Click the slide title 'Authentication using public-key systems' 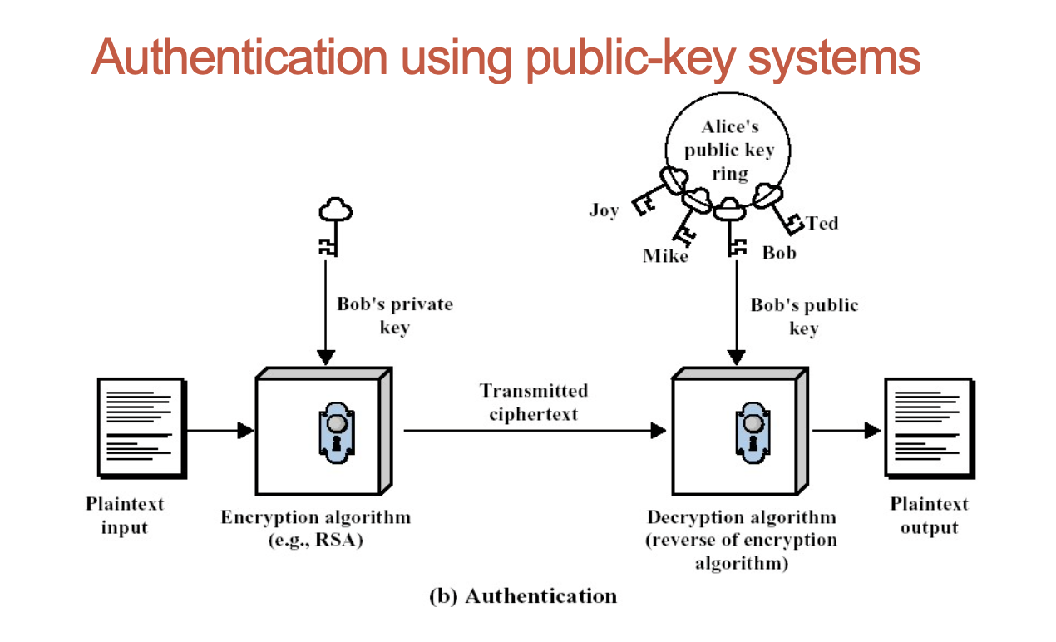tap(506, 57)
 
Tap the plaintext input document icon tap(141, 427)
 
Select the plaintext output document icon tap(928, 427)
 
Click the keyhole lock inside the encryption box tap(335, 429)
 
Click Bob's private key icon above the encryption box tap(335, 225)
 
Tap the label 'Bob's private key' tap(395, 315)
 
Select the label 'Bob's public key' tap(804, 316)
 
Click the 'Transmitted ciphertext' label tap(533, 402)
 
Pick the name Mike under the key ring tap(665, 256)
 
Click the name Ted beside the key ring tap(822, 223)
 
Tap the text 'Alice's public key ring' tap(728, 151)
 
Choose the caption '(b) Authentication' tap(523, 596)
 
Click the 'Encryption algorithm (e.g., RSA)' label tap(315, 528)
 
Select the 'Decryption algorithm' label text tap(742, 518)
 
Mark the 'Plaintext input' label tap(125, 516)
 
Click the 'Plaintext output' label tap(929, 516)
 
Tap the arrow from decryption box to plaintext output tap(846, 431)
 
